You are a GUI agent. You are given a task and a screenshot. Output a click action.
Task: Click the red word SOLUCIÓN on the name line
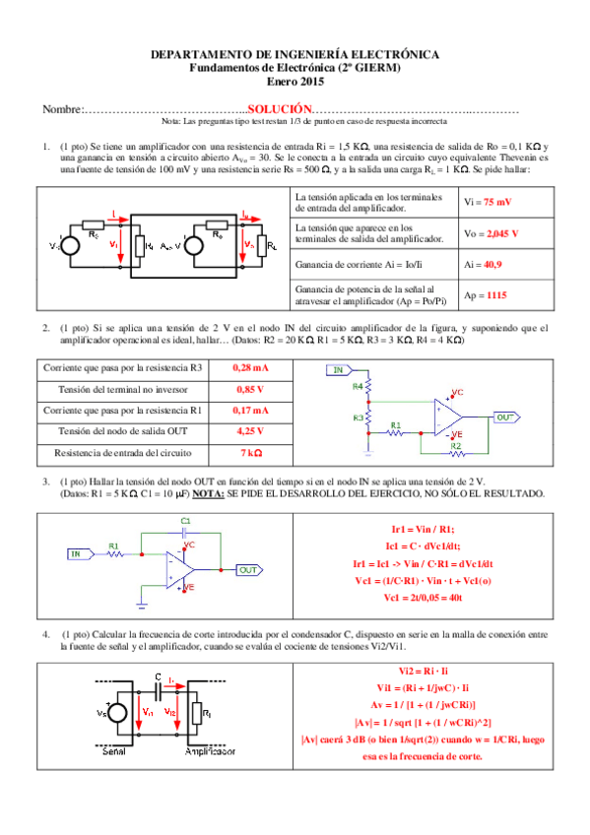click(280, 109)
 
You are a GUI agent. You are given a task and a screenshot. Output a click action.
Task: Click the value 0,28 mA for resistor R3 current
click(250, 367)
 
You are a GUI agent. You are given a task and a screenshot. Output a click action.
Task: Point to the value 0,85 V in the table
click(250, 389)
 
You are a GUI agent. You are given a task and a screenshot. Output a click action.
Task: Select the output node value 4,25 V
click(250, 431)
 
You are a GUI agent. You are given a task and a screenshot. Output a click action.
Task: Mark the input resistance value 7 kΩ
click(250, 453)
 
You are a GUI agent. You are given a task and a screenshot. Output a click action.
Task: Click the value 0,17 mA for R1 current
click(250, 410)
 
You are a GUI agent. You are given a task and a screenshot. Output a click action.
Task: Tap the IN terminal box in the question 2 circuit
click(340, 370)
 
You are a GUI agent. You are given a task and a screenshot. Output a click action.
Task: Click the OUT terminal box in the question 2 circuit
click(506, 417)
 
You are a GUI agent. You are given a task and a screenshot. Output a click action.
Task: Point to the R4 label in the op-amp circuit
click(358, 388)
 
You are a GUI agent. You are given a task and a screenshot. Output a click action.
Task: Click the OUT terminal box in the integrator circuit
click(249, 569)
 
